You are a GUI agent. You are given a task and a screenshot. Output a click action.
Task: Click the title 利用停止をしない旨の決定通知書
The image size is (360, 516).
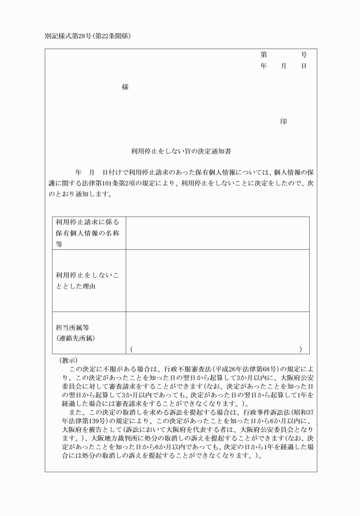[180, 152]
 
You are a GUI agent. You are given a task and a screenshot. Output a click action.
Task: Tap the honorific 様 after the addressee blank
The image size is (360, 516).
[125, 87]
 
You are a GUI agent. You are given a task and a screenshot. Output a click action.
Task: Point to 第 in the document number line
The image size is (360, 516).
[263, 55]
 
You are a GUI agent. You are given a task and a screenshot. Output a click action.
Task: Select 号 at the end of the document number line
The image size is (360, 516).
[303, 55]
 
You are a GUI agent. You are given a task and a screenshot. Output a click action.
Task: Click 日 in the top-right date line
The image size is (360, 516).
[303, 66]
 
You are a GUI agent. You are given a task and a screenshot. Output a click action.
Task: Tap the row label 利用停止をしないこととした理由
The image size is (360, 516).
[87, 280]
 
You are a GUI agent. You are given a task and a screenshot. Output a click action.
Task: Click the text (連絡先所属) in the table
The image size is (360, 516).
[75, 338]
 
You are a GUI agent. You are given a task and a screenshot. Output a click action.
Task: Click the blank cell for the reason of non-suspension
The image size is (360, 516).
[217, 280]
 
